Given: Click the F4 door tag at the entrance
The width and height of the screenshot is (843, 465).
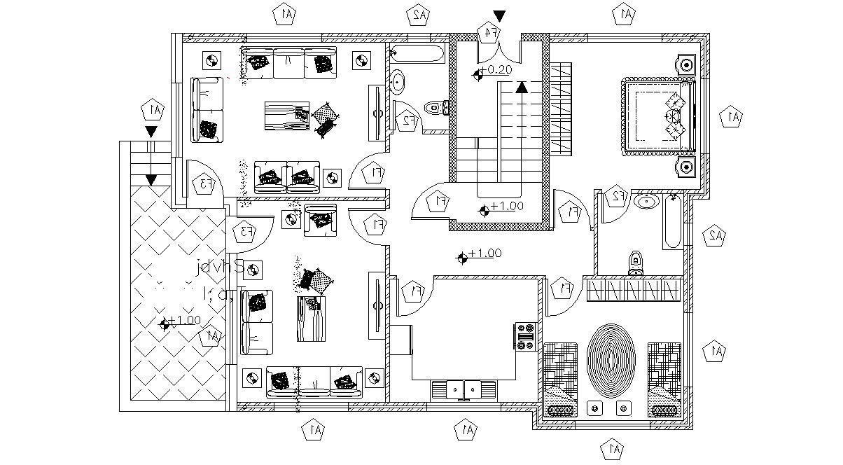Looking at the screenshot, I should (489, 32).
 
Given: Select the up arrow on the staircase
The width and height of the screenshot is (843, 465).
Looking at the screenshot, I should (521, 87).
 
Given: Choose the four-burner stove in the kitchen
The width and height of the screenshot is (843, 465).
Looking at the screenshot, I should (526, 335).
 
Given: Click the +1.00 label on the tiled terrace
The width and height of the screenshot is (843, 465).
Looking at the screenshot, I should (183, 321).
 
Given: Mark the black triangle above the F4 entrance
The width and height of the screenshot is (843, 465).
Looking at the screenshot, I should (499, 16).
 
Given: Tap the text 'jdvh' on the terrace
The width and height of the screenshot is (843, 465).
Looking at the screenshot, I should (219, 268).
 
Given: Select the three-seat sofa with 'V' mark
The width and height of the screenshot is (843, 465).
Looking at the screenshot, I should (315, 382).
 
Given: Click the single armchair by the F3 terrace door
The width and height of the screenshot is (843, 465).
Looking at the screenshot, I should (320, 219).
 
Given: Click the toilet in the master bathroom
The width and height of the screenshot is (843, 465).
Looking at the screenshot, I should (636, 262).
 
